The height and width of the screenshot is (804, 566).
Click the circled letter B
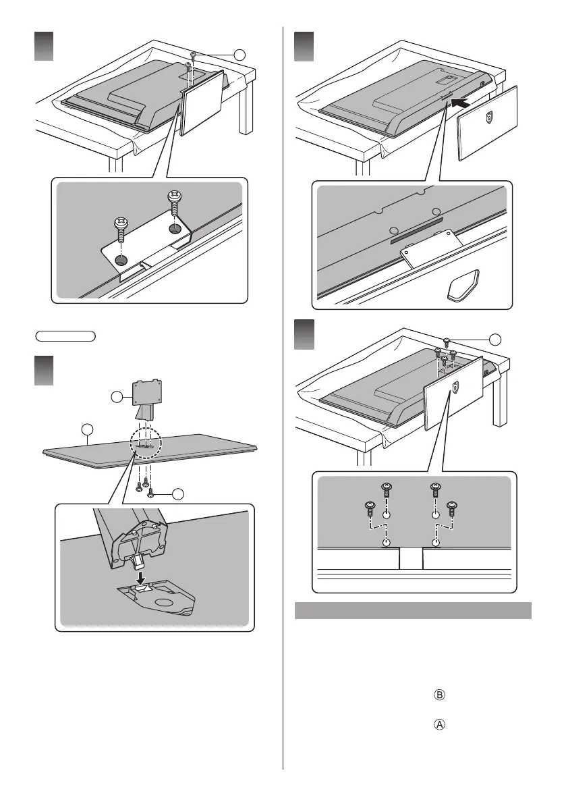point(439,695)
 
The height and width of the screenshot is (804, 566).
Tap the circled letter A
point(439,724)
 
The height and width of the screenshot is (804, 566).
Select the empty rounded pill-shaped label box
point(65,336)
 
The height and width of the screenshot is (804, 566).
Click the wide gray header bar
point(413,610)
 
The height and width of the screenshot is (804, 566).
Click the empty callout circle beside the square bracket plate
point(117,397)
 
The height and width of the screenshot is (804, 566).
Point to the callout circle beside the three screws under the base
point(177,493)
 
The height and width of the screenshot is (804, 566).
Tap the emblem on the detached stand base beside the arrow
point(490,119)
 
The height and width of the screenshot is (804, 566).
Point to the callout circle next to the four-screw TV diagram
point(495,339)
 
